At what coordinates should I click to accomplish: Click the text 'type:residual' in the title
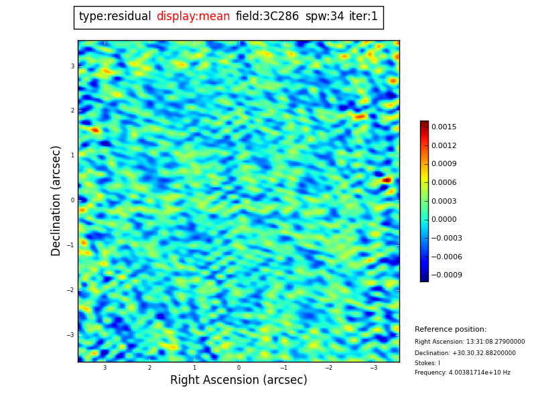coord(115,17)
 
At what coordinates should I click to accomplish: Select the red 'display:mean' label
coord(193,17)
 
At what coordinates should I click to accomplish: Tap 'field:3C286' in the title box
coord(267,17)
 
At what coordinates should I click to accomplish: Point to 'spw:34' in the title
coord(324,17)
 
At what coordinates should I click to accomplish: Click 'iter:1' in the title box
coord(363,17)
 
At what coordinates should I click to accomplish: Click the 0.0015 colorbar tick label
coord(444,127)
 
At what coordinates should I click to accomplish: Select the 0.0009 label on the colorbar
coord(444,163)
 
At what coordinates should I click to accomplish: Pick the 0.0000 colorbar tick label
coord(444,219)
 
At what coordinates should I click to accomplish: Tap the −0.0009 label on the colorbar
coord(446,275)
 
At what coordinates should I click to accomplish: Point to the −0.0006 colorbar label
coord(446,257)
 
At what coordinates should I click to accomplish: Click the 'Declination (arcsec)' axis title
coord(56,200)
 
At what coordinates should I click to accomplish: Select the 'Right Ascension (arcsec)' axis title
coord(239,381)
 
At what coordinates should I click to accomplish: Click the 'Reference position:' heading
coord(450,330)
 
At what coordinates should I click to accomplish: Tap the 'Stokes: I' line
coord(427,363)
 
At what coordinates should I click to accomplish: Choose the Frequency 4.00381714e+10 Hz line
coord(462,373)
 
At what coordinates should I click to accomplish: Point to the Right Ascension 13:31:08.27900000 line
coord(470,342)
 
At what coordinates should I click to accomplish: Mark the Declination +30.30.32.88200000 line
coord(465,353)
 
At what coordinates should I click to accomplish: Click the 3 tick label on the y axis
coord(72,66)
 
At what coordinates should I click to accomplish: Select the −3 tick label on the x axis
coord(374,368)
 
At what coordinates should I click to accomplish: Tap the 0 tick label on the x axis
coord(239,368)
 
